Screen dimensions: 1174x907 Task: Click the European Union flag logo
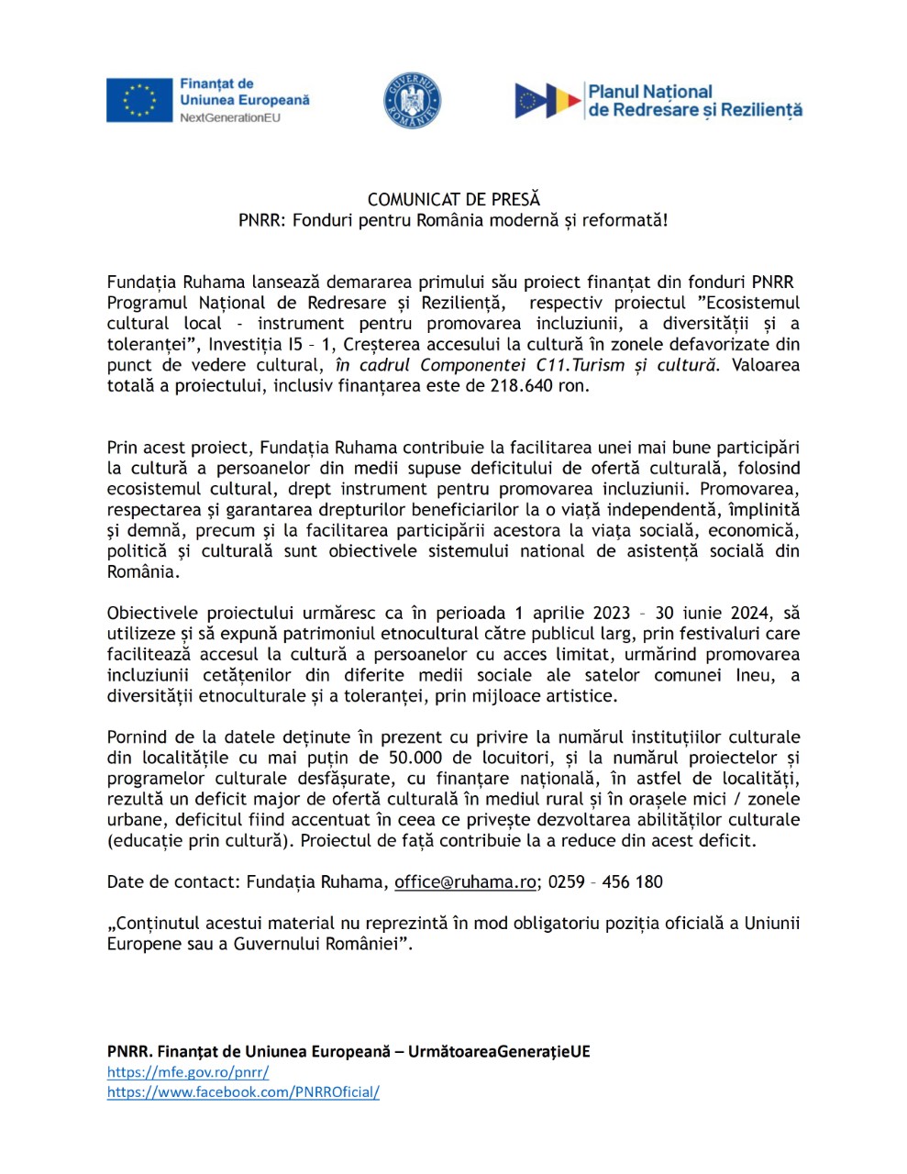139,100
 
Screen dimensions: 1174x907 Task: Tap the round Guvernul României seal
412,101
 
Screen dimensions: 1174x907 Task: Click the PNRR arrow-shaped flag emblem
548,101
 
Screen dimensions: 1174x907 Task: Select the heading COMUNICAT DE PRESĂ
454,199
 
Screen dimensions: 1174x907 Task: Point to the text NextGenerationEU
230,118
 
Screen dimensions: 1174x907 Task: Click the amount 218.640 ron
536,386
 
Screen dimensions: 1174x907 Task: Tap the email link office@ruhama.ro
465,882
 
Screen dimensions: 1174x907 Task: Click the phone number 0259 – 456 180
605,882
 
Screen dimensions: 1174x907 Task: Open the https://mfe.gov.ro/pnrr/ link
188,1072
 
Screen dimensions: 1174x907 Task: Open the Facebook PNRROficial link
243,1092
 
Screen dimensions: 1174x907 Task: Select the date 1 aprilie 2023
572,614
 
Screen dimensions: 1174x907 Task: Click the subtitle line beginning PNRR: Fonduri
453,221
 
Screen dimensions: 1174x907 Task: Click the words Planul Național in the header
650,92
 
